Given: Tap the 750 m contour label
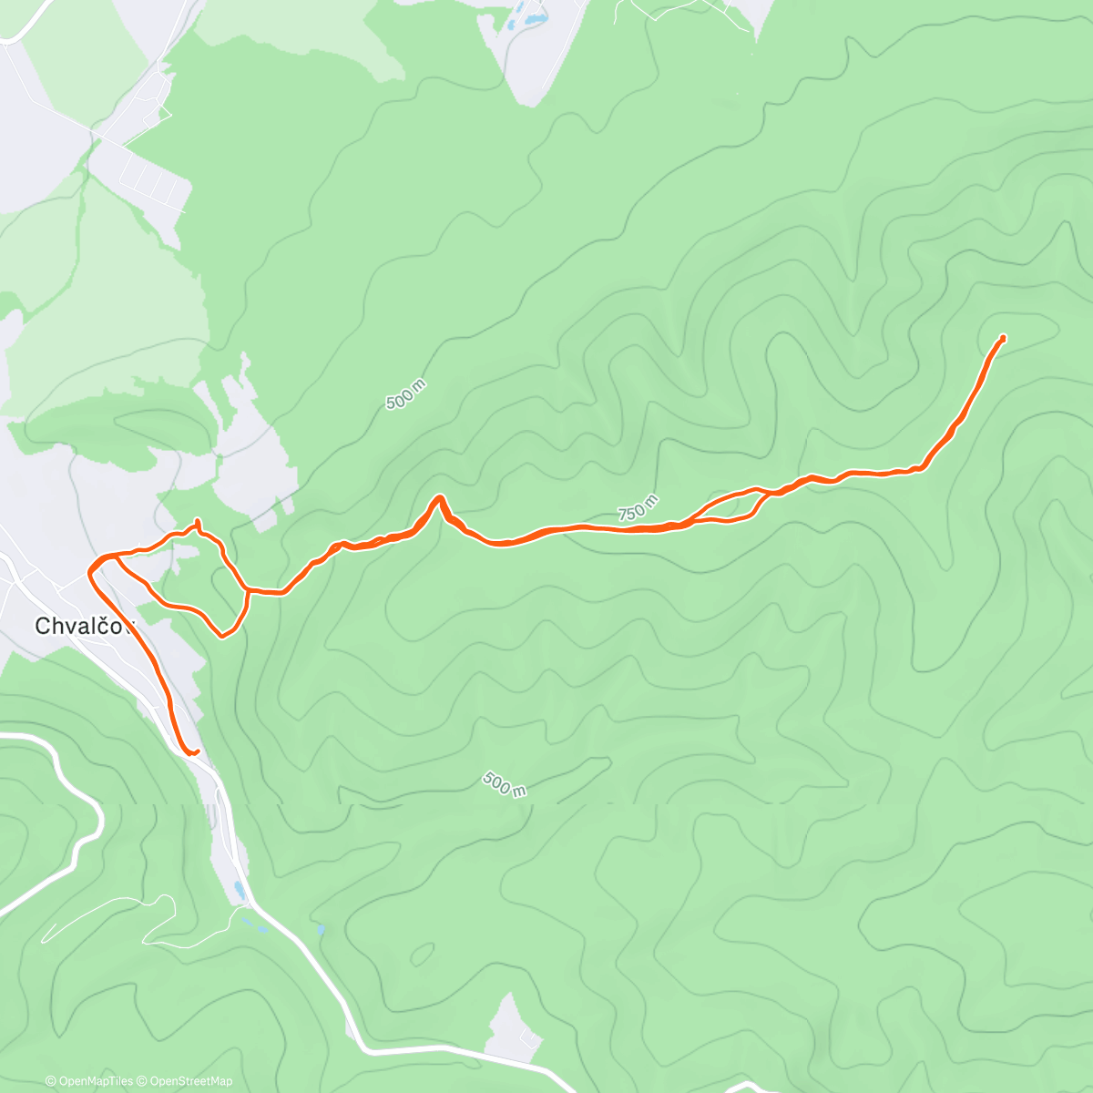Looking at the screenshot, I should point(638,508).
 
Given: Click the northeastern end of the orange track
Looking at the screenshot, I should point(1003,338).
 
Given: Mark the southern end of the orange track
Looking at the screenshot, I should point(194,752).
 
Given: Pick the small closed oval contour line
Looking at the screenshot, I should point(422,954).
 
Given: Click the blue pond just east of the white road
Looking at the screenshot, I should point(322,930).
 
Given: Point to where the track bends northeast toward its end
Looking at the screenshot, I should point(923,466).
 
